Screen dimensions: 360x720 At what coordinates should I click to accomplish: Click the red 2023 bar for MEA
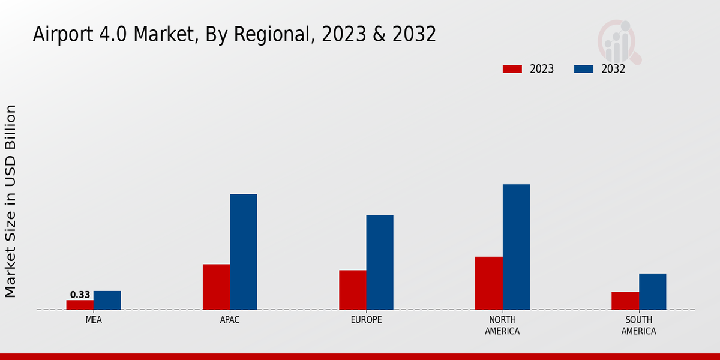pos(80,305)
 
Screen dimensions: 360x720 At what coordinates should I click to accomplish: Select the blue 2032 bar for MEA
pos(107,300)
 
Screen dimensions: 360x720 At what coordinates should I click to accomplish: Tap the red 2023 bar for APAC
pos(216,287)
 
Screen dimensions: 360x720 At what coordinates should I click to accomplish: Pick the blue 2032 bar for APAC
pos(243,252)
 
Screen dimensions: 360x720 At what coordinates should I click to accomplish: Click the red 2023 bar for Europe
pos(352,290)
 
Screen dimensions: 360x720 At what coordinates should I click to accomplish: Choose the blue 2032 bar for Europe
pos(380,262)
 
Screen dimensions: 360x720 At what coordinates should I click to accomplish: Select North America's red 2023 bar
pos(488,283)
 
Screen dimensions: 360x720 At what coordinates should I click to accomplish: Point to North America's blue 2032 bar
pos(516,247)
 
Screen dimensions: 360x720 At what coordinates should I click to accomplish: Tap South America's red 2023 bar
pos(625,301)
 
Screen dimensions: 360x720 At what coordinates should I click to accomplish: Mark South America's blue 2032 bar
pos(652,292)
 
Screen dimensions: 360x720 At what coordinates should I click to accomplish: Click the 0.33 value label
pos(80,295)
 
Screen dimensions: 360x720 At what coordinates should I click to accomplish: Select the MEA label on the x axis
pos(94,320)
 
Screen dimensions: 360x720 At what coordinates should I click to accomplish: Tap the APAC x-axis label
pos(230,320)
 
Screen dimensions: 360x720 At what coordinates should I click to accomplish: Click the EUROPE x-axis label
pos(366,320)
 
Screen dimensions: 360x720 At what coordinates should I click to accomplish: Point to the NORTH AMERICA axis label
pos(502,325)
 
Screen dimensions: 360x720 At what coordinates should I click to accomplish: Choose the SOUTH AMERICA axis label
pos(638,325)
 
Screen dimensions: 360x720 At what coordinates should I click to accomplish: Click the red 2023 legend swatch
pos(512,69)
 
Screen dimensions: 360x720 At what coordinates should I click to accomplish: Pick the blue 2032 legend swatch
pos(584,69)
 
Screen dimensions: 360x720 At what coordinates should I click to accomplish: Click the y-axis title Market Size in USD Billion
pos(11,201)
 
